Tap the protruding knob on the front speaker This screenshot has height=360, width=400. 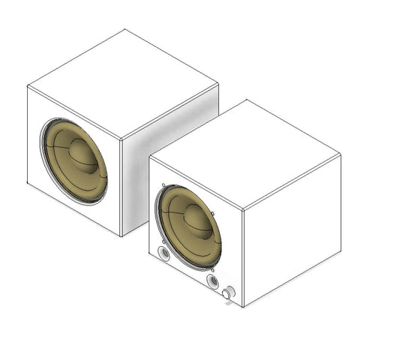(x=226, y=295)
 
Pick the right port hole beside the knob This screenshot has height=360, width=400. (x=213, y=281)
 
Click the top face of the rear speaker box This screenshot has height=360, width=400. (x=123, y=82)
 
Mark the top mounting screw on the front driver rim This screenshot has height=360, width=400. (x=164, y=185)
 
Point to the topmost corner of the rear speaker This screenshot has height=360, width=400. (x=125, y=29)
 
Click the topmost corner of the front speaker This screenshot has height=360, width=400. (x=246, y=99)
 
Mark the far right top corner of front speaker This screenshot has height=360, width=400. (x=341, y=154)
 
